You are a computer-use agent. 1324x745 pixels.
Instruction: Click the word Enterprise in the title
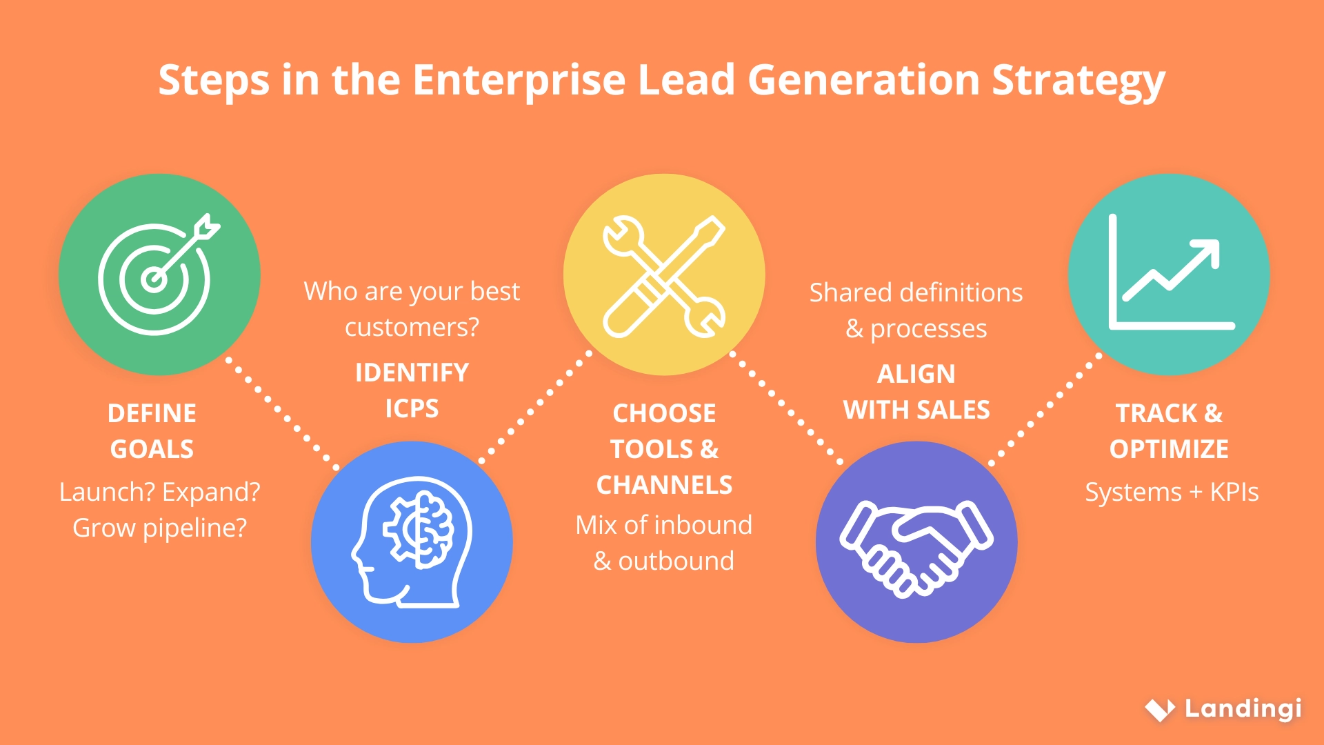coord(519,81)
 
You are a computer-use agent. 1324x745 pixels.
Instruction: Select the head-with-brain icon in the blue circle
coord(412,542)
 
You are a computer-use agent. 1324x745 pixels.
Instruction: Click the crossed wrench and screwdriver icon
coord(664,276)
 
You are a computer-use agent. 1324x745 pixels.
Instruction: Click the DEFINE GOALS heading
coord(152,431)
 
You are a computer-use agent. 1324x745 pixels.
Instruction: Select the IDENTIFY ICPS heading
coord(412,390)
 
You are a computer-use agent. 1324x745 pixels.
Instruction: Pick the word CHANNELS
coord(664,485)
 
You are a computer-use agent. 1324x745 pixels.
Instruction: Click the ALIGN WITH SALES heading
coord(916,392)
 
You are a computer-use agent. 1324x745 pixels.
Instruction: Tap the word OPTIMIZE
coord(1169,449)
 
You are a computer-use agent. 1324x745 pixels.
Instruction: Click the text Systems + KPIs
coord(1172,493)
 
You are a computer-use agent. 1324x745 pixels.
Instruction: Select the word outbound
coord(676,562)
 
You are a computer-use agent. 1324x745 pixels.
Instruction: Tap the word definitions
coord(952,293)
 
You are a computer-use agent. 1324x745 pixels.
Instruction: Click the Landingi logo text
coord(1243,708)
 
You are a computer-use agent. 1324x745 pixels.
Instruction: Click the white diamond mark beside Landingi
coord(1160,709)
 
